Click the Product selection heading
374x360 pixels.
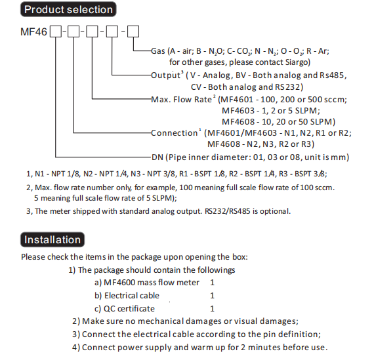68,9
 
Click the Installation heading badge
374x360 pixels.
52,239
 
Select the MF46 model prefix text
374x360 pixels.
33,31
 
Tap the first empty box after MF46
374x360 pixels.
56,31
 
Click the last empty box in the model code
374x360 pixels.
133,31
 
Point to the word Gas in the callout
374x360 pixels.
158,51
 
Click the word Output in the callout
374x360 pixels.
166,75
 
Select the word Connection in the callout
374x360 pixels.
175,133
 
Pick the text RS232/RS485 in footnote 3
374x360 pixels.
228,211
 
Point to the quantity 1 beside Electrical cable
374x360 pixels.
213,296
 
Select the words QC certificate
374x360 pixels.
129,309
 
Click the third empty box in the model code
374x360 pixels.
92,31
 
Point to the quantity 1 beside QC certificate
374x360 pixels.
213,309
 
